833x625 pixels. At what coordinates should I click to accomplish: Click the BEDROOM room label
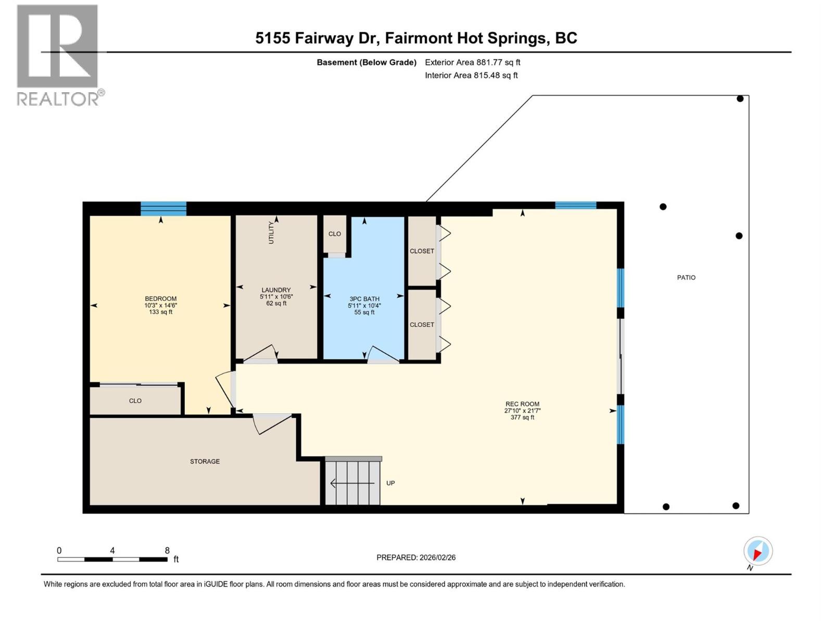pos(160,299)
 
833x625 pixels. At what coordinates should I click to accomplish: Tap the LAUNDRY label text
pos(276,290)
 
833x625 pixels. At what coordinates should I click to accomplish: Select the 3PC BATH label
pos(364,299)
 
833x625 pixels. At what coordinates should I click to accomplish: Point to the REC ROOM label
pos(522,404)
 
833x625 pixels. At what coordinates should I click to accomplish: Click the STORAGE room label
pos(205,461)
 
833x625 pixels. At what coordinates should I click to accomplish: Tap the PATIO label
pos(686,278)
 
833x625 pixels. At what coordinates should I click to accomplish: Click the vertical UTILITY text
pos(271,232)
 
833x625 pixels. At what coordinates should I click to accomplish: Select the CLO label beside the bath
pos(334,234)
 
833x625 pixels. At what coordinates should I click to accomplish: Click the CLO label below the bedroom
pos(135,401)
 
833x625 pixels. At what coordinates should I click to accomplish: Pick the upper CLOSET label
pos(421,251)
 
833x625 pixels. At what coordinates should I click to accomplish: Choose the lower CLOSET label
pos(421,324)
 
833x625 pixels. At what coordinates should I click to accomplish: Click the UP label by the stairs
pos(390,483)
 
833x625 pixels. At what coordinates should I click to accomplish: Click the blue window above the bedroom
pos(163,208)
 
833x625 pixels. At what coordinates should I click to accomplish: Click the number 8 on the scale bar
pos(167,551)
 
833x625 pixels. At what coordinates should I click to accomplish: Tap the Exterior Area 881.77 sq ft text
pos(472,63)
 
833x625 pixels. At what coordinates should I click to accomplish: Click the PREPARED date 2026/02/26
pos(416,557)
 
